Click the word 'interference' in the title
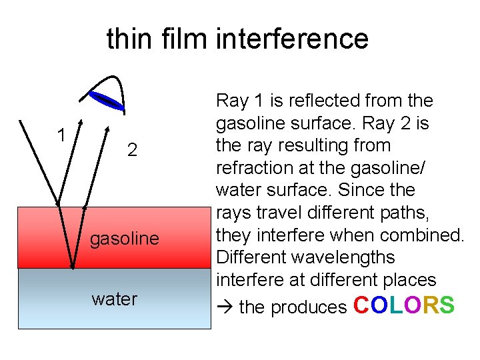[291, 39]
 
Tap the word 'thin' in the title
[129, 39]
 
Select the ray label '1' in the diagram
[61, 135]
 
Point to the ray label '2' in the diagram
[132, 150]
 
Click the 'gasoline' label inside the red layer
[125, 238]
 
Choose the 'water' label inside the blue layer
[114, 299]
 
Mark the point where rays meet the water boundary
[72, 268]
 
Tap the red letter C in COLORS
[361, 305]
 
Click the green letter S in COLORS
[447, 305]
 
